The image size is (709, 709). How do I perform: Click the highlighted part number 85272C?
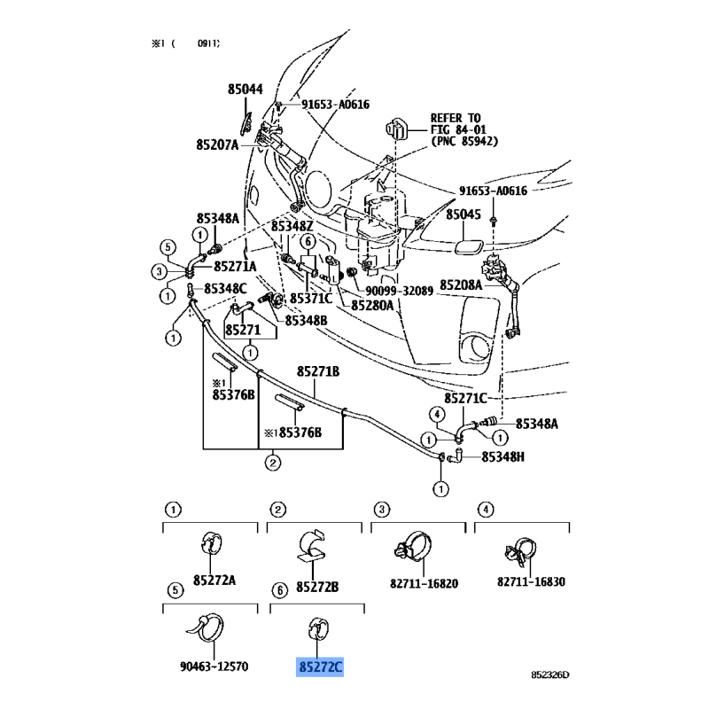[x=319, y=666]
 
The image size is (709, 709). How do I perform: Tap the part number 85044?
[x=245, y=90]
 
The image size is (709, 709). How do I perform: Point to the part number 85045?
[x=464, y=215]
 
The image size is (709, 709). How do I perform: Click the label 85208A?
[x=464, y=286]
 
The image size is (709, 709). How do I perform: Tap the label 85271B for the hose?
[x=318, y=371]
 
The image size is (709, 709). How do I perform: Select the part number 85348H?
[x=503, y=456]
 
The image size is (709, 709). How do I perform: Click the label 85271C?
[x=468, y=398]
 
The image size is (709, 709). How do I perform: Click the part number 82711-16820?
[x=422, y=582]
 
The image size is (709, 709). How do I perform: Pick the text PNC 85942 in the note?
[x=464, y=141]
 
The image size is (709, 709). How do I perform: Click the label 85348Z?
[x=293, y=226]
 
